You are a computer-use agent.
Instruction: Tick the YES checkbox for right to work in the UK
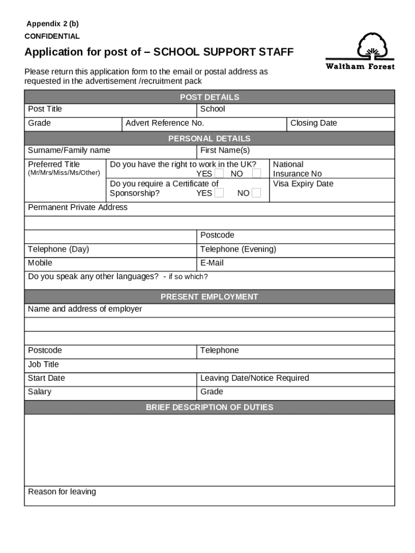tap(219, 173)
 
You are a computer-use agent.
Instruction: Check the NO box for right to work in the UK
tap(257, 173)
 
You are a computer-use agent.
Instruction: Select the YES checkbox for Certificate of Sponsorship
tap(219, 193)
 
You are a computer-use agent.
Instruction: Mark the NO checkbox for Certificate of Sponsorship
tap(257, 193)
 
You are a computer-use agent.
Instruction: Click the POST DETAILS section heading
tap(209, 97)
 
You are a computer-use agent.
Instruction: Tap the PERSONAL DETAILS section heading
tap(209, 138)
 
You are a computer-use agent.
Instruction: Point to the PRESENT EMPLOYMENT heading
tap(209, 296)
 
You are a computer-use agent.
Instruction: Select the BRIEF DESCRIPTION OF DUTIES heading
tap(209, 407)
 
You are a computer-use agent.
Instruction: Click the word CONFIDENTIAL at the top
tap(52, 36)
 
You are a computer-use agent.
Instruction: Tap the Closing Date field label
tap(313, 123)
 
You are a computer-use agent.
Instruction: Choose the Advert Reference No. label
tap(164, 123)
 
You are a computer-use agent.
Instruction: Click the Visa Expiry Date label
tap(303, 184)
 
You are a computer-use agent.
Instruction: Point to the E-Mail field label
tap(212, 263)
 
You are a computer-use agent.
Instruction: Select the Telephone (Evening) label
tap(238, 249)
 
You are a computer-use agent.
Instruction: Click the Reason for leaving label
tap(62, 491)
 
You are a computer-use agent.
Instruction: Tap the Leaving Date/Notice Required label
tap(254, 378)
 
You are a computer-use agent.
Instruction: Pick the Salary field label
tap(39, 392)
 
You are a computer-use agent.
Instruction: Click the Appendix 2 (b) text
tap(53, 24)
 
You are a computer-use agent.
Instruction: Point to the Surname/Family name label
tap(69, 150)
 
